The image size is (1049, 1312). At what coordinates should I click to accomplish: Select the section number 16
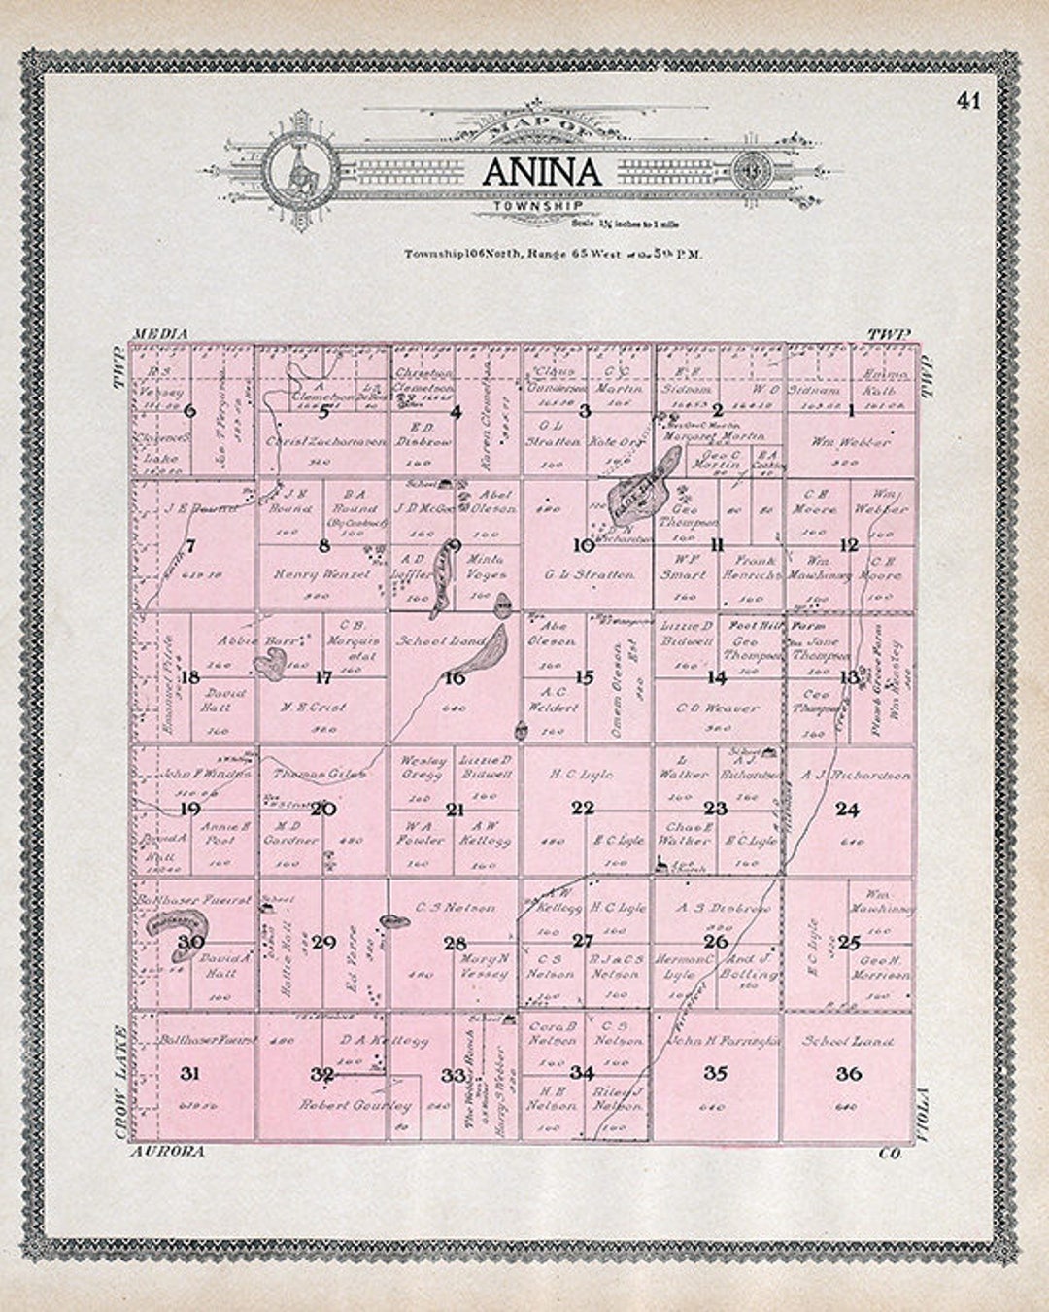point(454,678)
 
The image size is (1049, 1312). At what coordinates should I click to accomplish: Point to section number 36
point(848,1074)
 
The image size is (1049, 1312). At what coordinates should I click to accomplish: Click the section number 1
point(851,411)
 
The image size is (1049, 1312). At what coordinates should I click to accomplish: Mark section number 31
point(190,1074)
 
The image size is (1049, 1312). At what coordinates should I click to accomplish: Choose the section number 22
point(583,808)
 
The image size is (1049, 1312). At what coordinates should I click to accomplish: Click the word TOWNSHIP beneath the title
point(537,206)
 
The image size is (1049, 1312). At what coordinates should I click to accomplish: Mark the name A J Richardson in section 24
point(856,775)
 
